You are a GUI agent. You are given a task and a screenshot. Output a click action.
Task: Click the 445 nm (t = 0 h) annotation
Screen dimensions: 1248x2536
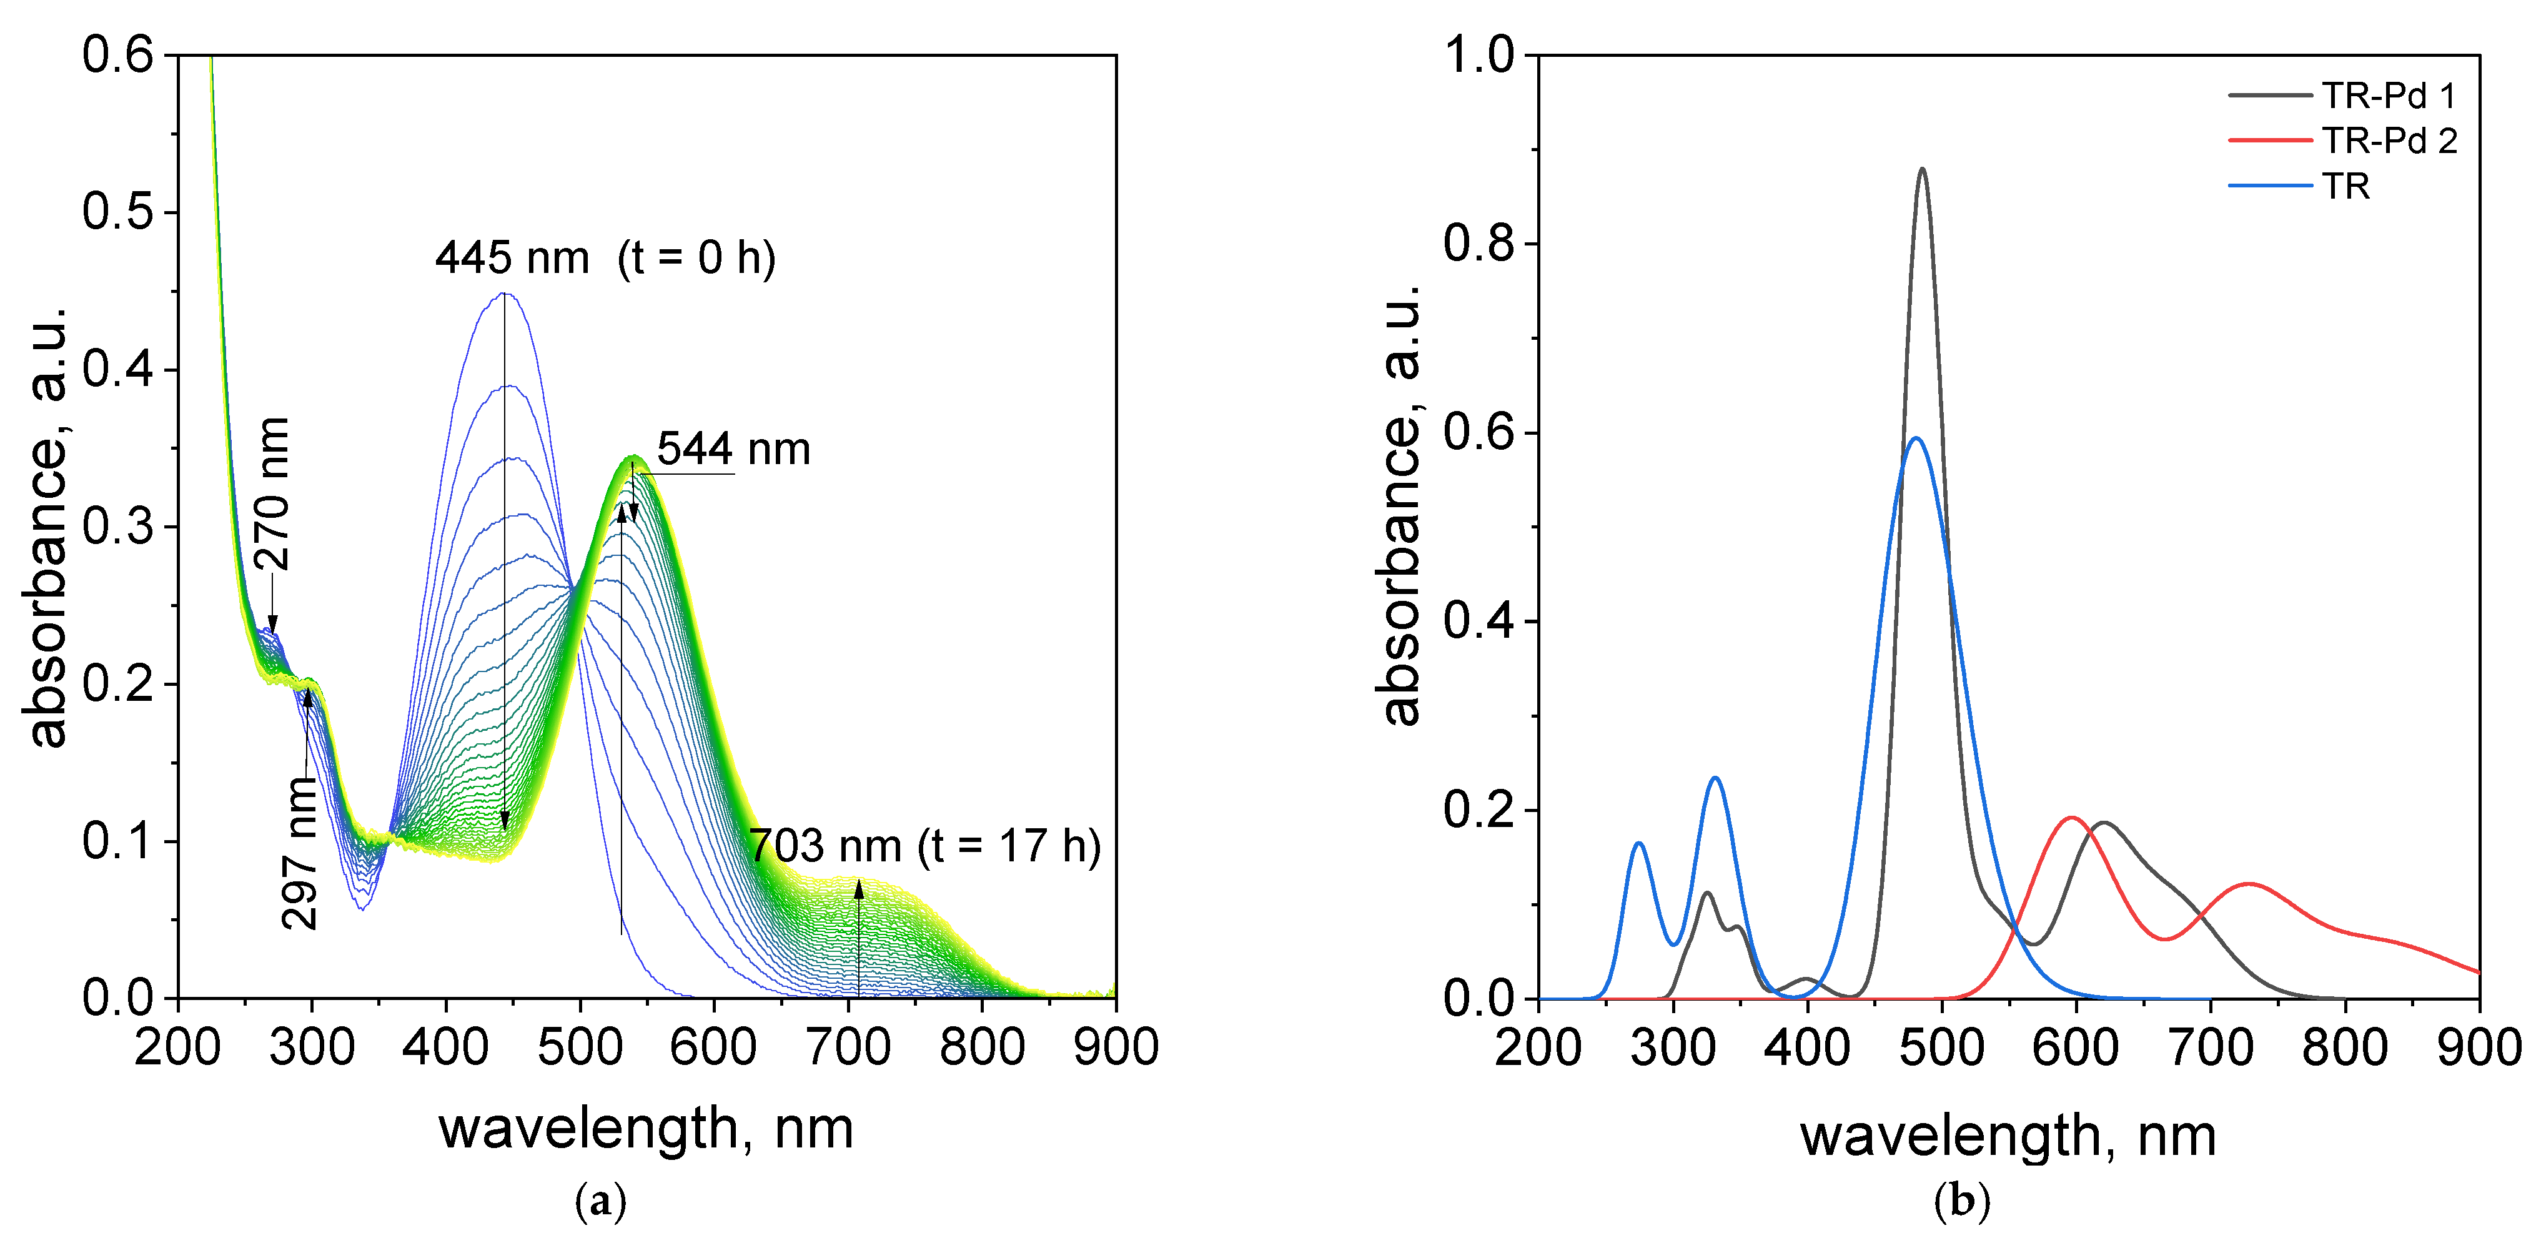tap(605, 258)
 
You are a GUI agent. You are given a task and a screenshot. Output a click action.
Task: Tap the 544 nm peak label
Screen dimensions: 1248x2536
tap(733, 449)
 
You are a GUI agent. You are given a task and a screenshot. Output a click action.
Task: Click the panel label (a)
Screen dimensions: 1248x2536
tap(600, 1201)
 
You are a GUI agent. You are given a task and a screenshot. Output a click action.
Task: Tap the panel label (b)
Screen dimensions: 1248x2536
tap(1961, 1201)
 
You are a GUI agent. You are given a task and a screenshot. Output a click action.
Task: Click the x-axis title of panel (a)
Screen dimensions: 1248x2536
tap(646, 1128)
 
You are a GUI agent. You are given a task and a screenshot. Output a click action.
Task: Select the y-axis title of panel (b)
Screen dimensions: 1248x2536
tap(1399, 504)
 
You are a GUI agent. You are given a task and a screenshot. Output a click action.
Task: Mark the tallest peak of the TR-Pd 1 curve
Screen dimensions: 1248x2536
tap(1922, 169)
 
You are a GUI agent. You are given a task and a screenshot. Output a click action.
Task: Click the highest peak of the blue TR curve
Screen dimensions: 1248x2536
tap(1914, 438)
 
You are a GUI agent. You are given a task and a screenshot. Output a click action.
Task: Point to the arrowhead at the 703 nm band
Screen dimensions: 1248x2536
tap(858, 888)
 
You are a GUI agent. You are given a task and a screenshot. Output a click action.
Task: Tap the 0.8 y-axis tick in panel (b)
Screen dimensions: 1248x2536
tap(1479, 244)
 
